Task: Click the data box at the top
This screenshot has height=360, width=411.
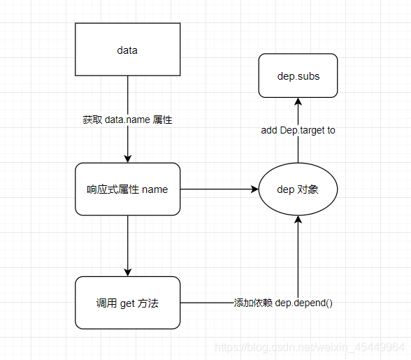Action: [x=127, y=50]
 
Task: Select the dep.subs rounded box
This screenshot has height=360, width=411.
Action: [x=298, y=75]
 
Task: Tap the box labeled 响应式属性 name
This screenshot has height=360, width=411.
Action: [x=127, y=189]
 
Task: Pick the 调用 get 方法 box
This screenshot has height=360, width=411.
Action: [x=127, y=303]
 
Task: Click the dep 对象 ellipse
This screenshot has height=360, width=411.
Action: [x=298, y=189]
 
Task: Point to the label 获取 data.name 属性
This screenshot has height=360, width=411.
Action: [x=127, y=120]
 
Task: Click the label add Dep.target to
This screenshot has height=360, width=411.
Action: [x=298, y=130]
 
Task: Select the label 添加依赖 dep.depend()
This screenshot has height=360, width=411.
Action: [x=283, y=303]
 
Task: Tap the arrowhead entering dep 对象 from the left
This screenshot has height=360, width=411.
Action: [x=254, y=189]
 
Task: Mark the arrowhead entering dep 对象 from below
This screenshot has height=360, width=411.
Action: [x=298, y=219]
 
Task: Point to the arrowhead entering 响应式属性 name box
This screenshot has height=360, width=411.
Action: [x=127, y=159]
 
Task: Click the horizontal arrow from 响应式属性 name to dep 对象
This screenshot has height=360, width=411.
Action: [x=217, y=189]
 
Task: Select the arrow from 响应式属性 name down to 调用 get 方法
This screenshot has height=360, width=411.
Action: [x=127, y=245]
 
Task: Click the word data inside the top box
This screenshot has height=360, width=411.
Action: [x=127, y=50]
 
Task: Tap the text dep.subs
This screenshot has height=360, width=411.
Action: [x=298, y=75]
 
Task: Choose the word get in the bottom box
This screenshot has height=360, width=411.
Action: [x=127, y=303]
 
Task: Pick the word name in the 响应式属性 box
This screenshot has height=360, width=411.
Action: [x=154, y=189]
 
